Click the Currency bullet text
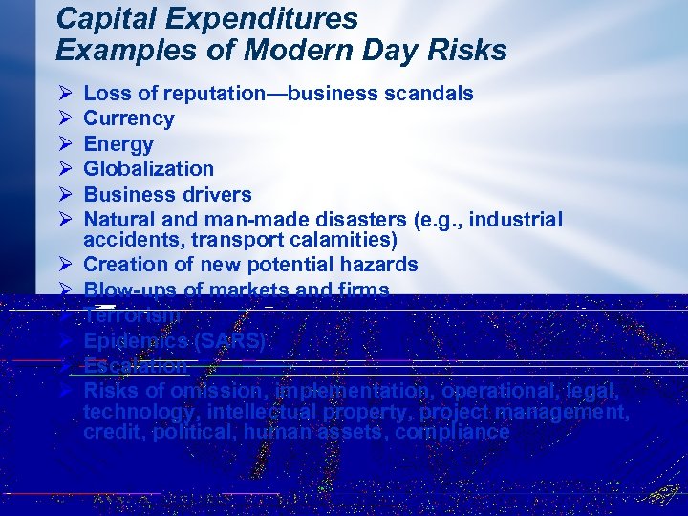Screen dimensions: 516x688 [x=129, y=118]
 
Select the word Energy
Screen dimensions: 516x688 [x=118, y=144]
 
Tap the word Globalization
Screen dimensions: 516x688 [x=149, y=169]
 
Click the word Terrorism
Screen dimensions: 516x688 [x=132, y=315]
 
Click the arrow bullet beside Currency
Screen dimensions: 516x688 [x=65, y=118]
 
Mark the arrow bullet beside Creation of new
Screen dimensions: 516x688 [x=65, y=264]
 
